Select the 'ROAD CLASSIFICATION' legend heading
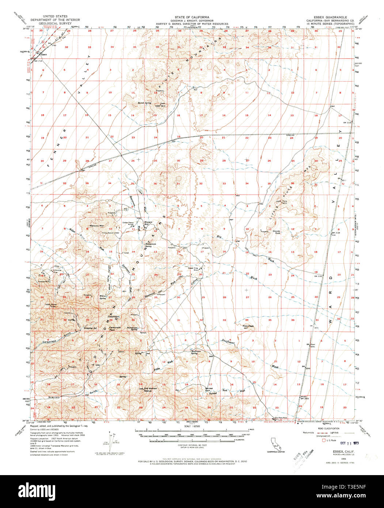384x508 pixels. [330, 428]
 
